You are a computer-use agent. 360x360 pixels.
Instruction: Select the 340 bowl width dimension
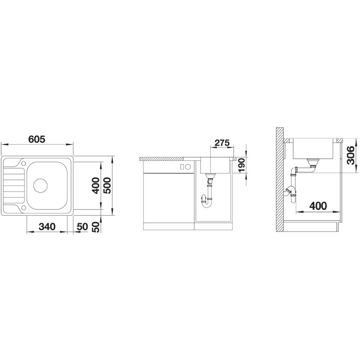tap(47, 226)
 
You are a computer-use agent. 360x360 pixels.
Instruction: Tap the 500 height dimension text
tap(107, 186)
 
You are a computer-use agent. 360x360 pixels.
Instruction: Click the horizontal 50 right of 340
tap(82, 226)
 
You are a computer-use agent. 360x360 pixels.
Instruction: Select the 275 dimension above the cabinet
tap(222, 143)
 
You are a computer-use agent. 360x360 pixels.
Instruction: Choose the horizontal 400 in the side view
tap(318, 206)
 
